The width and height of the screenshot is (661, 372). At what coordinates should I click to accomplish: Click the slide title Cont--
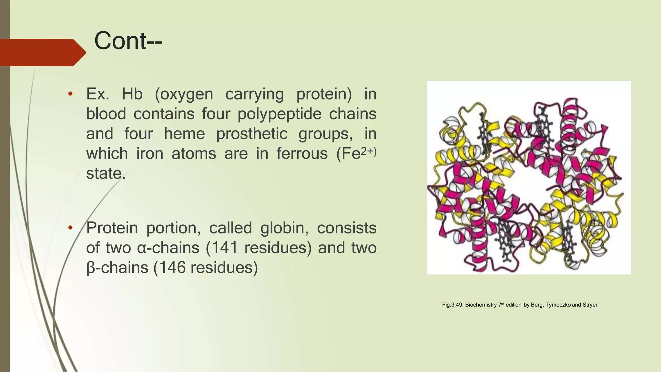128,41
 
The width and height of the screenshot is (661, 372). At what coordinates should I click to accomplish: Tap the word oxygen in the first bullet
184,94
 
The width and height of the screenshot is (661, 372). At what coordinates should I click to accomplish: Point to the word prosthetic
252,134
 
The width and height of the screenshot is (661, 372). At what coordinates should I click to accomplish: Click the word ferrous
302,153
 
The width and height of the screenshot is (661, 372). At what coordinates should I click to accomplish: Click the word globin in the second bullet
284,228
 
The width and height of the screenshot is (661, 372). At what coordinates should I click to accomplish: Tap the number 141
224,248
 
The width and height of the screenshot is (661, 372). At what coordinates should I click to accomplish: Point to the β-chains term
117,268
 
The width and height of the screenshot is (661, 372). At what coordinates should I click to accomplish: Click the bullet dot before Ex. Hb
70,94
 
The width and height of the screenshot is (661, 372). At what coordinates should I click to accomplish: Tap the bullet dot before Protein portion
70,228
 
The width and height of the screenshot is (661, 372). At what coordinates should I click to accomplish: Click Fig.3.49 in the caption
453,305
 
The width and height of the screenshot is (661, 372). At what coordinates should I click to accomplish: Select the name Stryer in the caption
590,305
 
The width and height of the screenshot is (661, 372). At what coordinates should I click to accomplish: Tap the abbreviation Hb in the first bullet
132,94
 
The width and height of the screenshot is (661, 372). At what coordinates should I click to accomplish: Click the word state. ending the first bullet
106,173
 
